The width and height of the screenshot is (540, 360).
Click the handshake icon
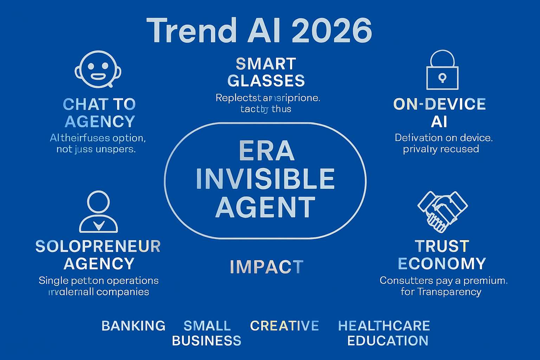coord(442,211)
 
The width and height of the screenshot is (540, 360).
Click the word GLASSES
coord(266,81)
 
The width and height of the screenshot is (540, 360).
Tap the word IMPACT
coord(266,267)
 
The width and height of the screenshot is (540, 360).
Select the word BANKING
coord(133,326)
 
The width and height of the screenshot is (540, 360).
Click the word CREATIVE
coord(284,326)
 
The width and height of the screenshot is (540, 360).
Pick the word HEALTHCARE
coord(384,326)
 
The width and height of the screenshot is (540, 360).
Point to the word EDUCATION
coord(388,341)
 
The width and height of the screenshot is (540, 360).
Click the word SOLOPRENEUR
coord(98,247)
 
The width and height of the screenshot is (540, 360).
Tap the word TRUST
coord(442,246)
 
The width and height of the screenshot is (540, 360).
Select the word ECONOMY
coord(442,263)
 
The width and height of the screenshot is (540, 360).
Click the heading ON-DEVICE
coord(439,104)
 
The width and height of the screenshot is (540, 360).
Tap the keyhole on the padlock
coord(442,78)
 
